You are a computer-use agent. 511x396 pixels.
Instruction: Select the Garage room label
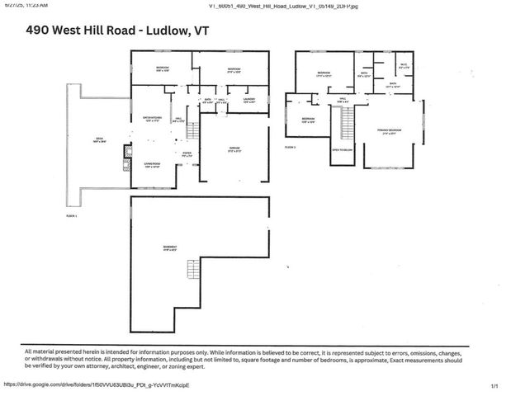pyautogui.click(x=234, y=150)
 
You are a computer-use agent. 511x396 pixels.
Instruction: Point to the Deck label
pyautogui.click(x=98, y=139)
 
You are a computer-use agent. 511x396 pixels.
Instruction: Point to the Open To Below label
pyautogui.click(x=343, y=150)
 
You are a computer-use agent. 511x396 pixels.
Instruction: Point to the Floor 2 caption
pyautogui.click(x=290, y=146)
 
